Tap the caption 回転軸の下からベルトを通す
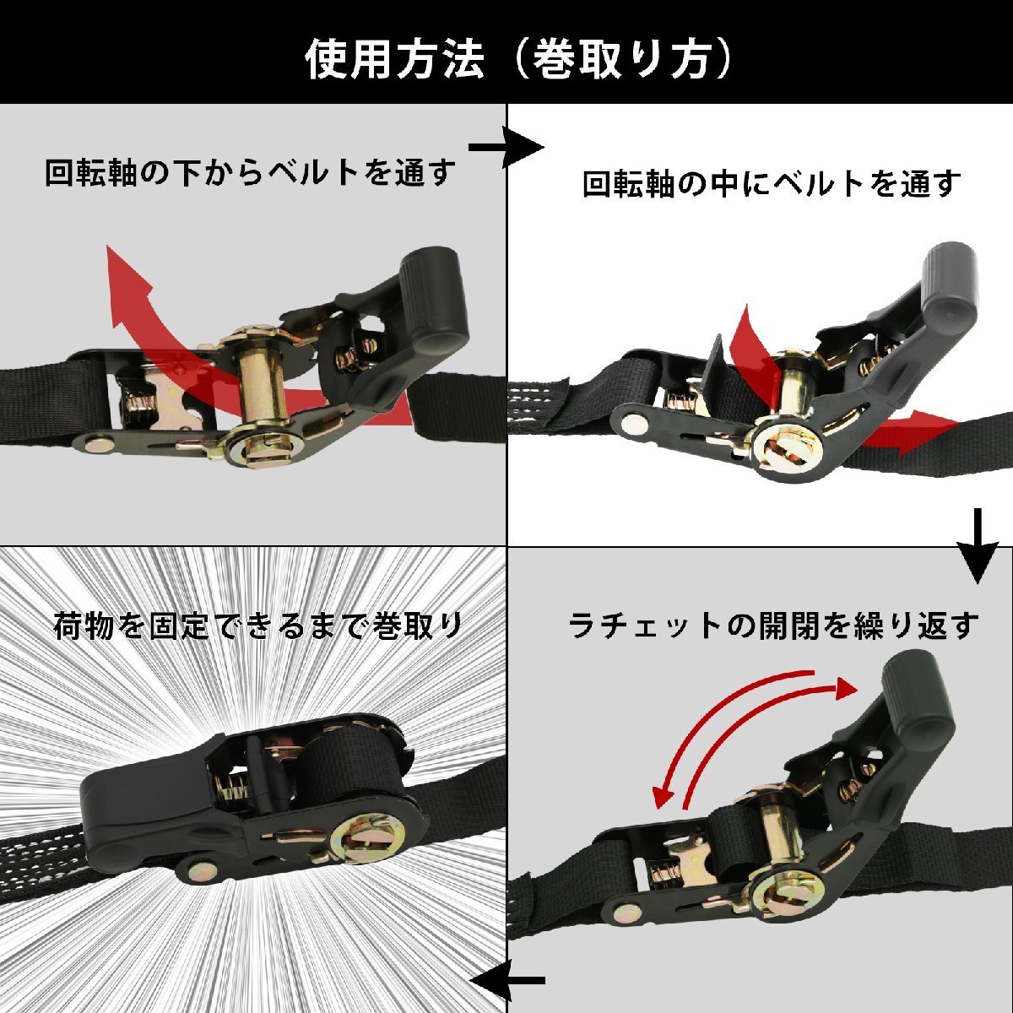click(250, 173)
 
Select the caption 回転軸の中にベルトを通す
click(772, 183)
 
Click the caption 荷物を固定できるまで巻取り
click(258, 626)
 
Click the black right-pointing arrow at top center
click(506, 149)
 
